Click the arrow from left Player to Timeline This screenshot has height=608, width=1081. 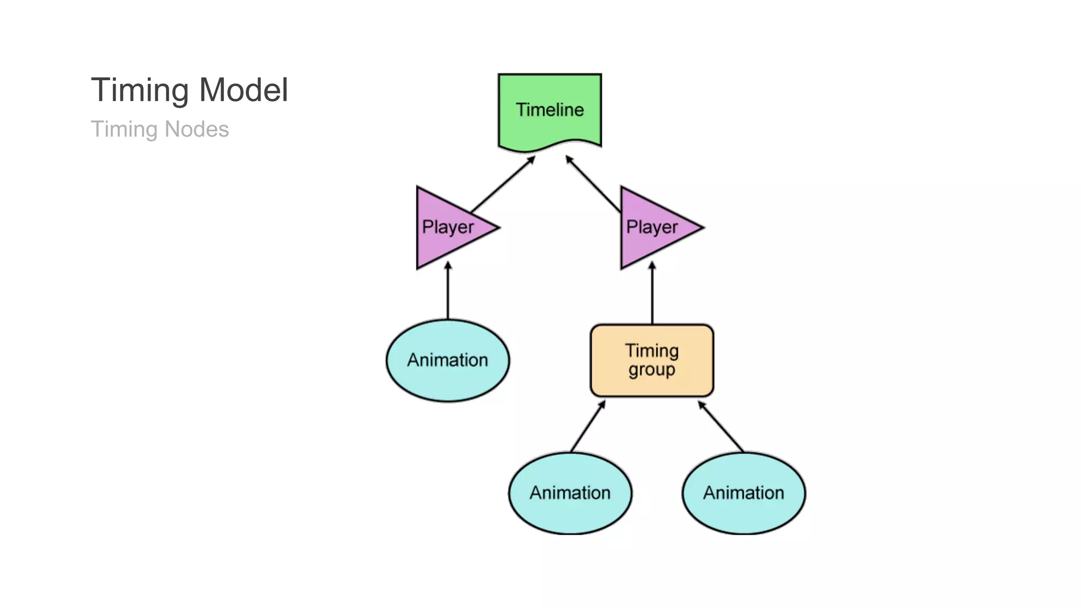(502, 184)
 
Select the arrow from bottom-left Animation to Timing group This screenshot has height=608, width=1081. (587, 426)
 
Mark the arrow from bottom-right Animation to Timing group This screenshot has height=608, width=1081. (721, 426)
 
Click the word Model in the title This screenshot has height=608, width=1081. (243, 90)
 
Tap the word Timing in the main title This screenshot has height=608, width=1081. (140, 90)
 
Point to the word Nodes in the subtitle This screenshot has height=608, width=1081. (196, 129)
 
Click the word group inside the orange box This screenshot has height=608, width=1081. (651, 370)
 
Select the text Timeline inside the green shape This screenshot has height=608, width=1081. (549, 110)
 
